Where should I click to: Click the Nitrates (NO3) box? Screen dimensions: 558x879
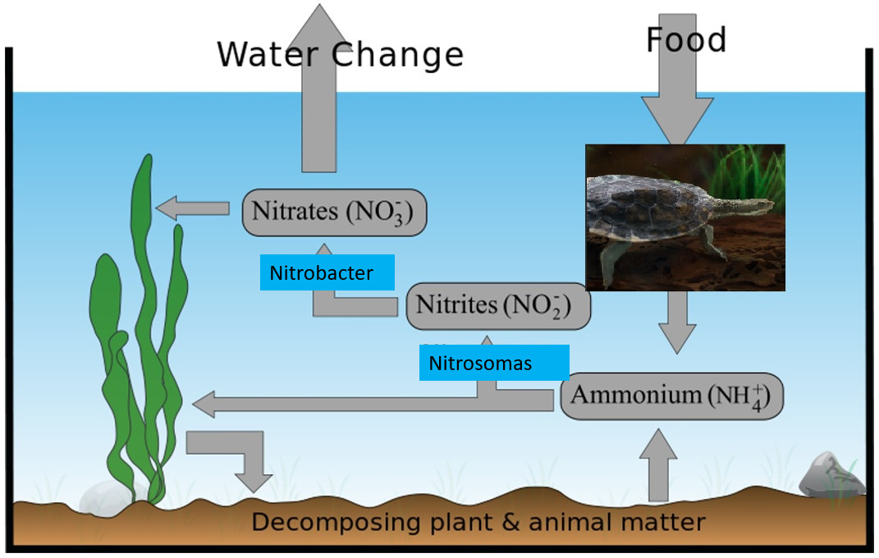pyautogui.click(x=334, y=212)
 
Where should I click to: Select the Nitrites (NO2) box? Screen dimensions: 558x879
pyautogui.click(x=498, y=305)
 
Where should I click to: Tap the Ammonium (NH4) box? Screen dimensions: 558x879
pyautogui.click(x=671, y=396)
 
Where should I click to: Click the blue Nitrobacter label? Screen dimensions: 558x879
pyautogui.click(x=327, y=272)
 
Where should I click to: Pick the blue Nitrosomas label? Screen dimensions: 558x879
pyautogui.click(x=493, y=363)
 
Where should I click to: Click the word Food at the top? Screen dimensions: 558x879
pyautogui.click(x=686, y=40)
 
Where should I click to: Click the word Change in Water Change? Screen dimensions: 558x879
pyautogui.click(x=398, y=55)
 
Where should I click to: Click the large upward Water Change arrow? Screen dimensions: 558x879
pyautogui.click(x=318, y=90)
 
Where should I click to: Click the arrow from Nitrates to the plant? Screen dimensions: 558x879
pyautogui.click(x=192, y=208)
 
